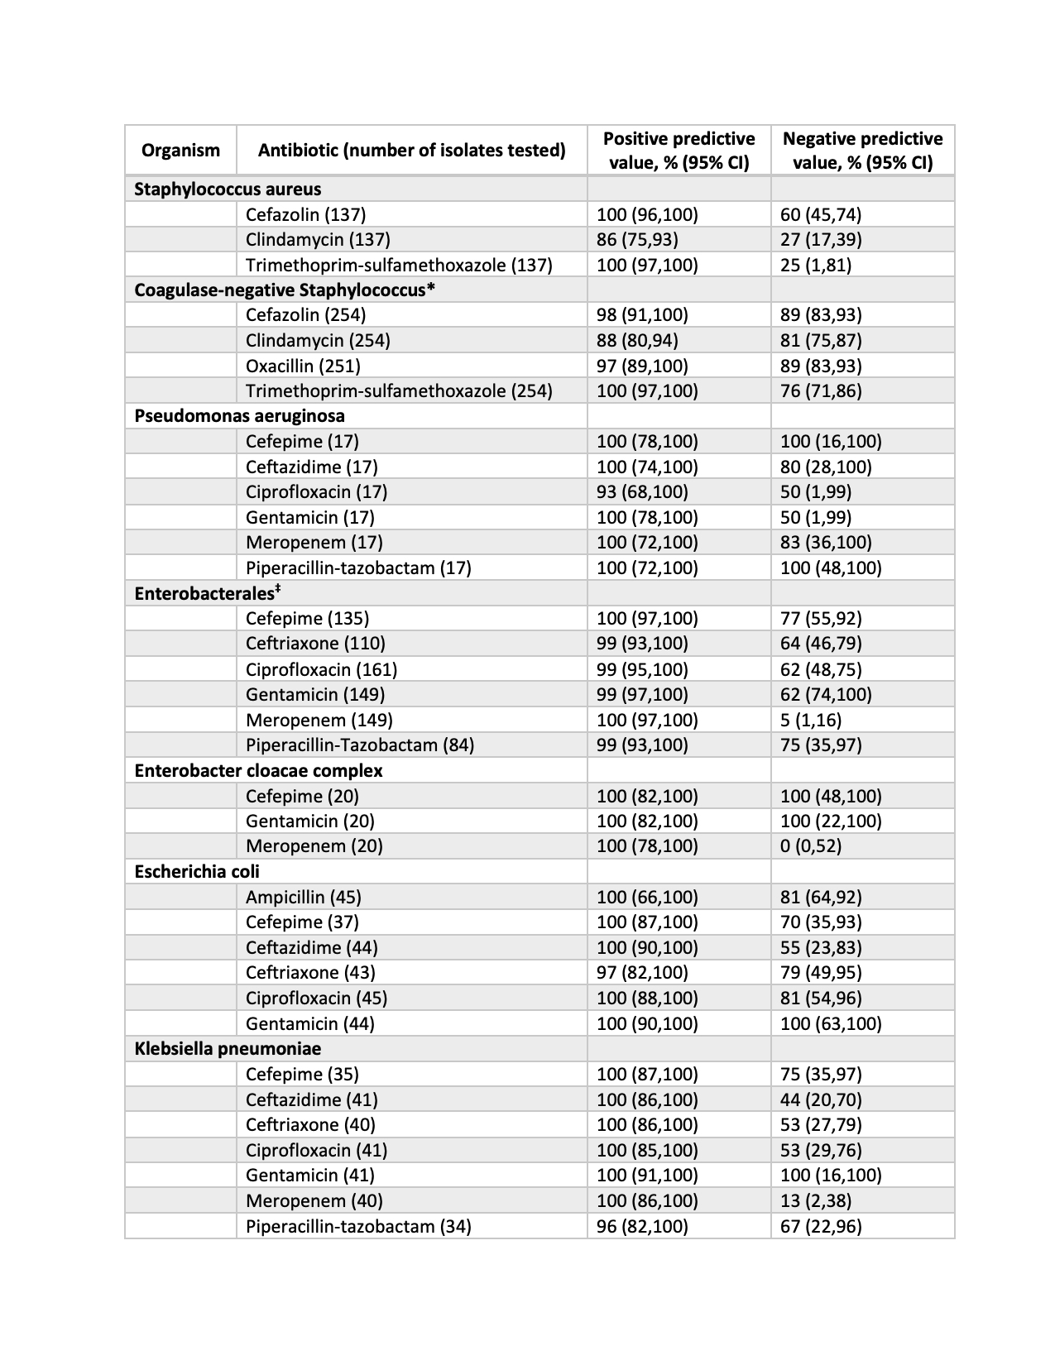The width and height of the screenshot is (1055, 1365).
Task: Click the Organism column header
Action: click(x=180, y=150)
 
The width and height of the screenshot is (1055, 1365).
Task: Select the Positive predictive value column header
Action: click(x=679, y=150)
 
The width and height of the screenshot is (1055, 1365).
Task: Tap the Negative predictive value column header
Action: click(x=862, y=150)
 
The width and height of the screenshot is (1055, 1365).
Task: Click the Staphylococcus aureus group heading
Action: click(x=228, y=189)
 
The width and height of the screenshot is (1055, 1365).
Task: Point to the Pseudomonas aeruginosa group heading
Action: click(x=239, y=415)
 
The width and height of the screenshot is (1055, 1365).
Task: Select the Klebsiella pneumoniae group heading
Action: click(x=228, y=1048)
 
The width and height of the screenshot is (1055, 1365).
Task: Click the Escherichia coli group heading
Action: click(x=197, y=871)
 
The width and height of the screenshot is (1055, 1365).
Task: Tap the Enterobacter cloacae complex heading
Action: click(x=258, y=770)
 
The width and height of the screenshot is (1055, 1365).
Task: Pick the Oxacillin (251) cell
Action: click(x=303, y=366)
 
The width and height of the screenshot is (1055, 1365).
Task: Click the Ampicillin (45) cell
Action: click(x=303, y=897)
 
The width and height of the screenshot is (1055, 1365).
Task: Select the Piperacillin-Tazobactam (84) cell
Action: click(x=360, y=745)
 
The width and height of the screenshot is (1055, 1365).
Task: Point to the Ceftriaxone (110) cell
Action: click(x=315, y=643)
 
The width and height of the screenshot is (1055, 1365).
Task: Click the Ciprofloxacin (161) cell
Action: click(x=321, y=668)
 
